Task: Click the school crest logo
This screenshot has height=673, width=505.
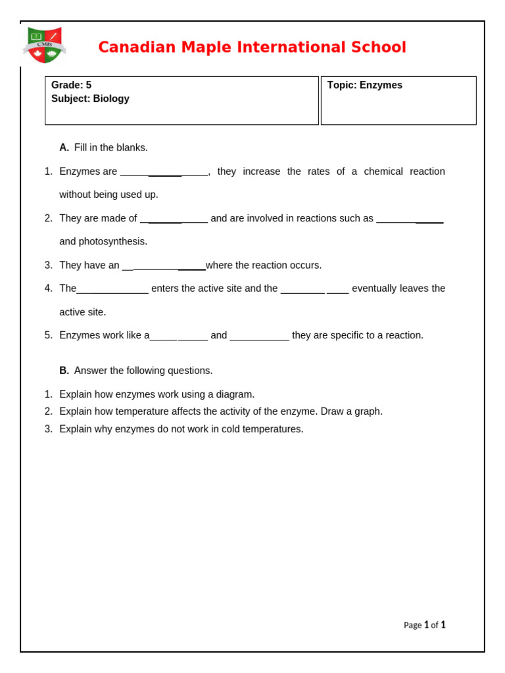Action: (44, 45)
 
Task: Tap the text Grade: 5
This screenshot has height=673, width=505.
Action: (71, 85)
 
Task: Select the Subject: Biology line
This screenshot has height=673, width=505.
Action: (90, 99)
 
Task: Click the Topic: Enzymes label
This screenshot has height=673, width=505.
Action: (364, 85)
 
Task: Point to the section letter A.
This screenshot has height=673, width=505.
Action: (64, 147)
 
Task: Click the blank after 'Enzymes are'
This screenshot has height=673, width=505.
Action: (164, 172)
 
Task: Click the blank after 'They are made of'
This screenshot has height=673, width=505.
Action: (174, 219)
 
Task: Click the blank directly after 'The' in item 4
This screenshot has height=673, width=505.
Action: (112, 289)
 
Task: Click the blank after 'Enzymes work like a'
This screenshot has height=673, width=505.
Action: (178, 336)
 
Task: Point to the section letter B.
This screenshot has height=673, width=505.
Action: (64, 371)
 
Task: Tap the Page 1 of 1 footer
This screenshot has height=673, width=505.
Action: (424, 625)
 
